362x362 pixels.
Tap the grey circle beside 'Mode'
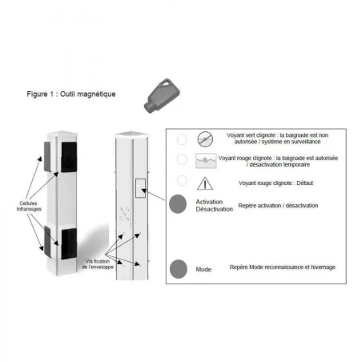coord(179,268)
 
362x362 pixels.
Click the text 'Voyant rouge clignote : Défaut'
coord(276,183)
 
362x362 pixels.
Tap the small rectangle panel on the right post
coord(141,187)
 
